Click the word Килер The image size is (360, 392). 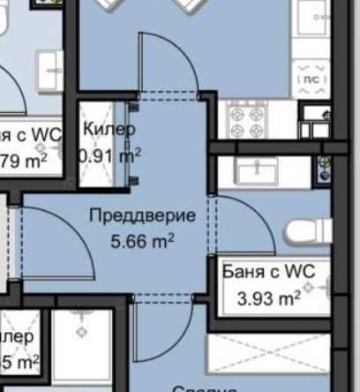[x=109, y=130]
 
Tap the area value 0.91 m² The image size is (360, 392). [x=110, y=155]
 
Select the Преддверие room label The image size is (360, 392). [x=142, y=215]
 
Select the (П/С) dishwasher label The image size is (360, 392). [x=311, y=79]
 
